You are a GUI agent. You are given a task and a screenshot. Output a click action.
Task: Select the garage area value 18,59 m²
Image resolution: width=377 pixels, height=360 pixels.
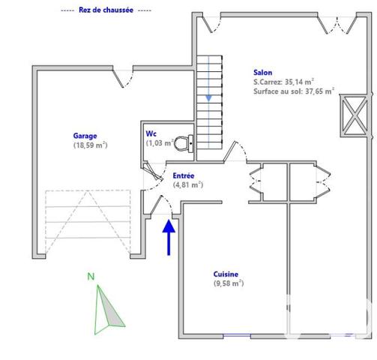pyautogui.click(x=90, y=145)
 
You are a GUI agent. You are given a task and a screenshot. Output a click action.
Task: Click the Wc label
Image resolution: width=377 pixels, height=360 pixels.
pyautogui.click(x=151, y=133)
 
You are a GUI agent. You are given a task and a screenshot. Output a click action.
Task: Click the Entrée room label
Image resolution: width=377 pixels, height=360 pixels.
pyautogui.click(x=184, y=175)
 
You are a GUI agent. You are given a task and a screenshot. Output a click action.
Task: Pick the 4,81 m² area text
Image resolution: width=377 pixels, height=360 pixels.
pyautogui.click(x=188, y=184)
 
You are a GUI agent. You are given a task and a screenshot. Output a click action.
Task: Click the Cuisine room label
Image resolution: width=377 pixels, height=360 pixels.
pyautogui.click(x=226, y=274)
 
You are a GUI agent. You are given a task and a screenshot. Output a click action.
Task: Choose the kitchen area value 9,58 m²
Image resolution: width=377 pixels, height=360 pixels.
pyautogui.click(x=229, y=283)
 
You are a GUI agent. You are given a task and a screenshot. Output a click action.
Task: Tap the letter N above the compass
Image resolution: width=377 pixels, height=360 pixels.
pyautogui.click(x=90, y=277)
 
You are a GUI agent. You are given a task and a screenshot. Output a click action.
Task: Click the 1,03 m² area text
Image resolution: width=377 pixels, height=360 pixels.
pyautogui.click(x=160, y=142)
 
